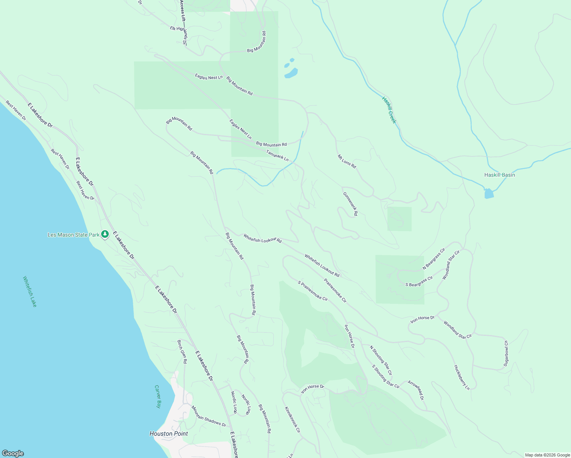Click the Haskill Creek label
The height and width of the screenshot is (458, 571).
pos(389,110)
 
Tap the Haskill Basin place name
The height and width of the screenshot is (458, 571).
pos(499,175)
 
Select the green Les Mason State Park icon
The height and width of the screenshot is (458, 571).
pos(105,234)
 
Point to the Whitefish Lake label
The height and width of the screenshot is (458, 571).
pos(30,291)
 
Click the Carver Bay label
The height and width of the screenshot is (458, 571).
pos(158,397)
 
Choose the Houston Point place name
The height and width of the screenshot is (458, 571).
pos(169,434)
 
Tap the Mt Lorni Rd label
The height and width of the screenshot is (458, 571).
pos(347,161)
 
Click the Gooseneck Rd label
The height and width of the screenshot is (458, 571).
pos(350,204)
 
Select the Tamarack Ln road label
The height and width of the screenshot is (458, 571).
pos(277,155)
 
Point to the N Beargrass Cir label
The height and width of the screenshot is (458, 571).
pos(434,259)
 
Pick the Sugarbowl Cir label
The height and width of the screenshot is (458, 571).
pos(506,353)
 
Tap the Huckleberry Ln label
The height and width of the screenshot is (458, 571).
pos(461,377)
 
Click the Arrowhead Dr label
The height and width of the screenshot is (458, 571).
pos(416,390)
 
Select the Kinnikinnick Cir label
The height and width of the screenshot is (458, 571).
pos(292,419)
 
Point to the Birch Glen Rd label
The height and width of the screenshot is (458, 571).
pos(182,352)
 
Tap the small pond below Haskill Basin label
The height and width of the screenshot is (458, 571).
pos(489,194)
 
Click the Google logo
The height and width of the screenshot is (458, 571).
pos(13,453)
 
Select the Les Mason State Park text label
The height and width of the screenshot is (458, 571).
pos(73,235)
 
